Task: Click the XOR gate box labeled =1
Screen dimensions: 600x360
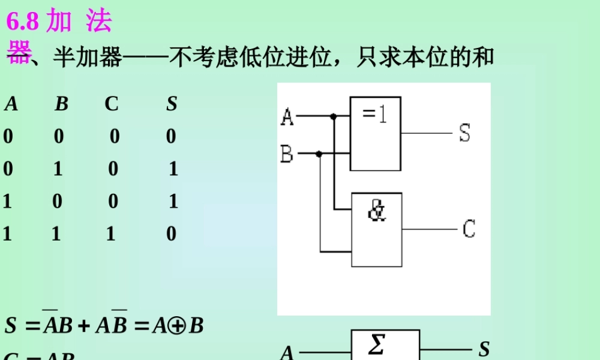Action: tap(376, 133)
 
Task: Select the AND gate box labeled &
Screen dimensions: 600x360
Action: tap(377, 229)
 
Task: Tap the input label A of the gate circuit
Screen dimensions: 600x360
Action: tap(287, 116)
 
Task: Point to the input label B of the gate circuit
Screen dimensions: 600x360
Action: tap(287, 155)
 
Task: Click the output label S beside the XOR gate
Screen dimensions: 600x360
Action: tap(464, 133)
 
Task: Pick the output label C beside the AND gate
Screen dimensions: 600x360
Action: tap(469, 229)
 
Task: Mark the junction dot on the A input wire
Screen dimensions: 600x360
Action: tap(334, 116)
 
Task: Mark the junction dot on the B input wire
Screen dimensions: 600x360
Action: tap(319, 154)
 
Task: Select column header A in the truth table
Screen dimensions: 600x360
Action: tap(11, 104)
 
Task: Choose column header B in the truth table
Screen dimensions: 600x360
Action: tap(61, 104)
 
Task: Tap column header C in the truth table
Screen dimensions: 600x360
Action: tap(112, 104)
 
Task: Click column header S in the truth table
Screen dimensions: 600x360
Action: tap(172, 104)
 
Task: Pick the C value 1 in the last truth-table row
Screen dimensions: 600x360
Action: tap(110, 233)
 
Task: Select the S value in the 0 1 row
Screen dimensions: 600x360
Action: tap(173, 169)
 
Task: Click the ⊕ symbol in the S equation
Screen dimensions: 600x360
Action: tap(178, 325)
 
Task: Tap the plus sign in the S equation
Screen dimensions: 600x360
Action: tap(84, 326)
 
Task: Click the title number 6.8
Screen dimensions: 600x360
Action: tap(22, 22)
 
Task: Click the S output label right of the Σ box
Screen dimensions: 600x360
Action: tap(484, 349)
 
